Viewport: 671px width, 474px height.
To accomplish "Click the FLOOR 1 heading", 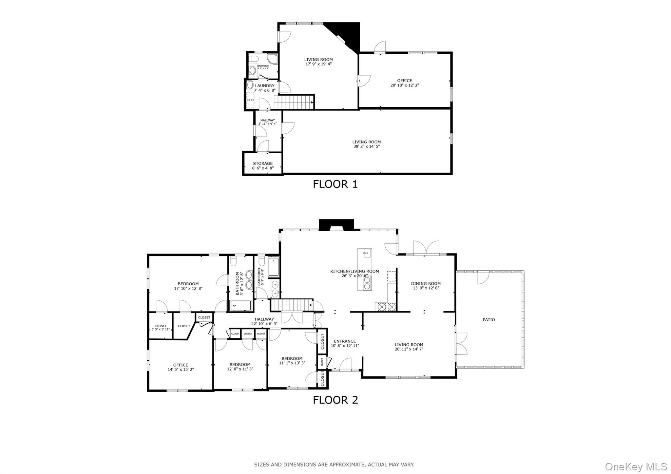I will [x=335, y=184].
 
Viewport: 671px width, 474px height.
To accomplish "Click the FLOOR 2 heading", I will [x=335, y=400].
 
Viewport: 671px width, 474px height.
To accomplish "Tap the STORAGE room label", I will [x=262, y=163].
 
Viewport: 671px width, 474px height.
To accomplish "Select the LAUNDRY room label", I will [x=265, y=86].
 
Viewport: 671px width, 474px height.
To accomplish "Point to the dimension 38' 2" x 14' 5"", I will [x=366, y=146].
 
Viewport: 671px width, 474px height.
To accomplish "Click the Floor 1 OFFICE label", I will [x=404, y=81].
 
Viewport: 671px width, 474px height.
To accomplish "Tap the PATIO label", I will [x=489, y=320].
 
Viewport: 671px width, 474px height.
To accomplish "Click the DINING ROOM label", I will [x=426, y=284].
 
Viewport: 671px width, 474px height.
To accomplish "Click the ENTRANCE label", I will [x=345, y=341].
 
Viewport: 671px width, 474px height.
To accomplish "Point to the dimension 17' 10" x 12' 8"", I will [x=188, y=289].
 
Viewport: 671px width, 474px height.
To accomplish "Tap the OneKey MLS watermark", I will [x=636, y=466].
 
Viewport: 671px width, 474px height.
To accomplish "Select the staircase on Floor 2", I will [x=291, y=305].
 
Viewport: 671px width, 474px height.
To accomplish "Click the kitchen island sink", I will [x=366, y=253].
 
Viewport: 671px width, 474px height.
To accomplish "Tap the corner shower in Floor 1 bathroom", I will [x=272, y=59].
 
